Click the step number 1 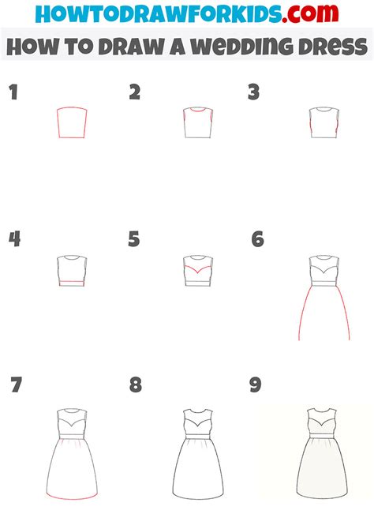coord(13,93)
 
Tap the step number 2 coord(135,92)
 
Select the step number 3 coord(253,92)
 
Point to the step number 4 coord(14,238)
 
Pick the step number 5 coord(134,238)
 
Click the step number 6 coord(257,238)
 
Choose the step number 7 coord(17,385)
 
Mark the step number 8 coord(136,385)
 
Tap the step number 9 coord(255,385)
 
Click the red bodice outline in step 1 coord(71,124)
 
